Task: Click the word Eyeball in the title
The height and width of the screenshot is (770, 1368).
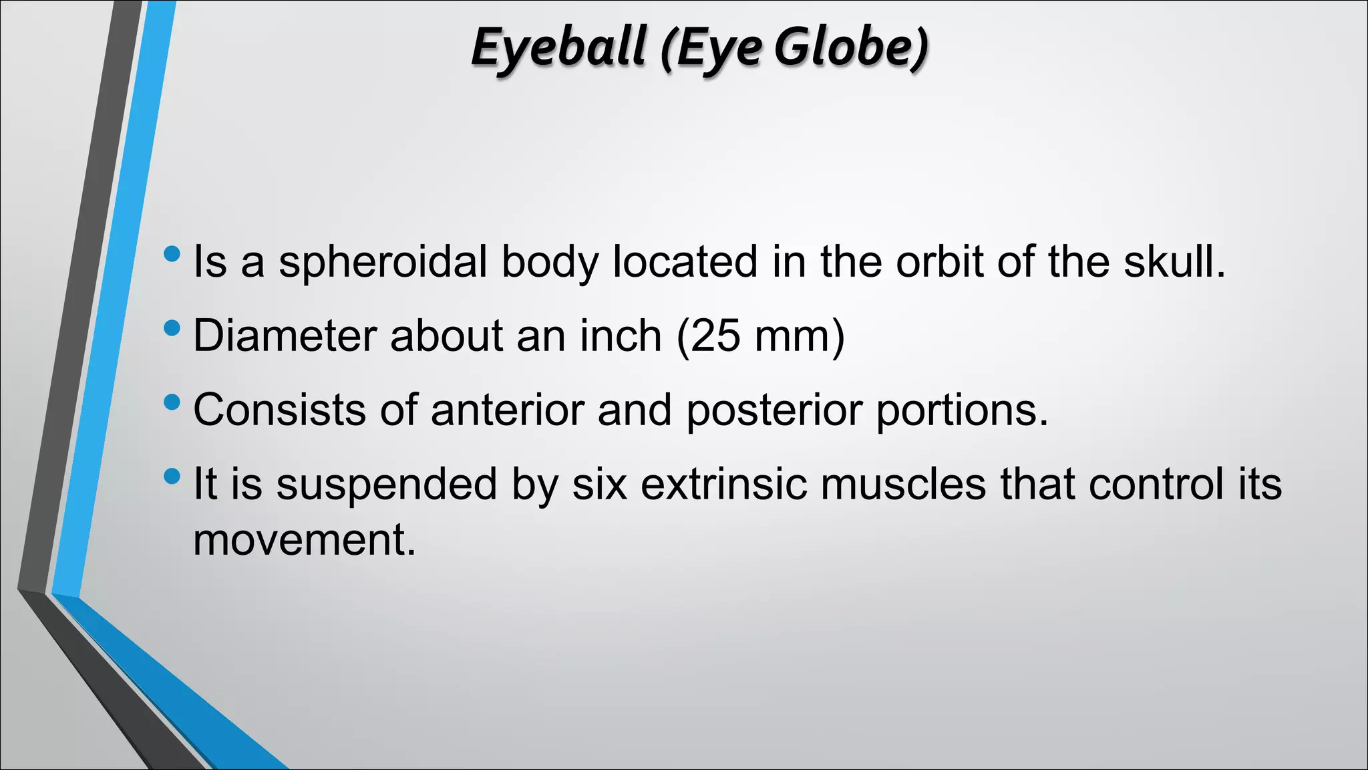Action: [558, 48]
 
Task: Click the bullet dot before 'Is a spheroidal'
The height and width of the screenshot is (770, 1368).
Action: [172, 254]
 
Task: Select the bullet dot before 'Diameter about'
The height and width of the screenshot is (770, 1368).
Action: [172, 328]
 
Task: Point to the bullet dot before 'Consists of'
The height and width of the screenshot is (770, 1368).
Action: [172, 402]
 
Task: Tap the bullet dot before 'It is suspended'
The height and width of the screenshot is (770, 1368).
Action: [172, 477]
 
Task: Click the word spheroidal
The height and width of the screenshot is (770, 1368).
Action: [383, 262]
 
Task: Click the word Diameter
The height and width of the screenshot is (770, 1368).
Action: [284, 336]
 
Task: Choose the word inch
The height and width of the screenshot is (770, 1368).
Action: [620, 336]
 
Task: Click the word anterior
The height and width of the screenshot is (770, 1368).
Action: [508, 410]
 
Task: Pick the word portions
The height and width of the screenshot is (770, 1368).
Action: [962, 410]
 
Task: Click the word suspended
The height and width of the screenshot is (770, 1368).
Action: [387, 484]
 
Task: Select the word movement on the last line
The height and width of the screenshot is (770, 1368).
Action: [304, 540]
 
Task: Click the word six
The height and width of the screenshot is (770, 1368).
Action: [599, 484]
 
